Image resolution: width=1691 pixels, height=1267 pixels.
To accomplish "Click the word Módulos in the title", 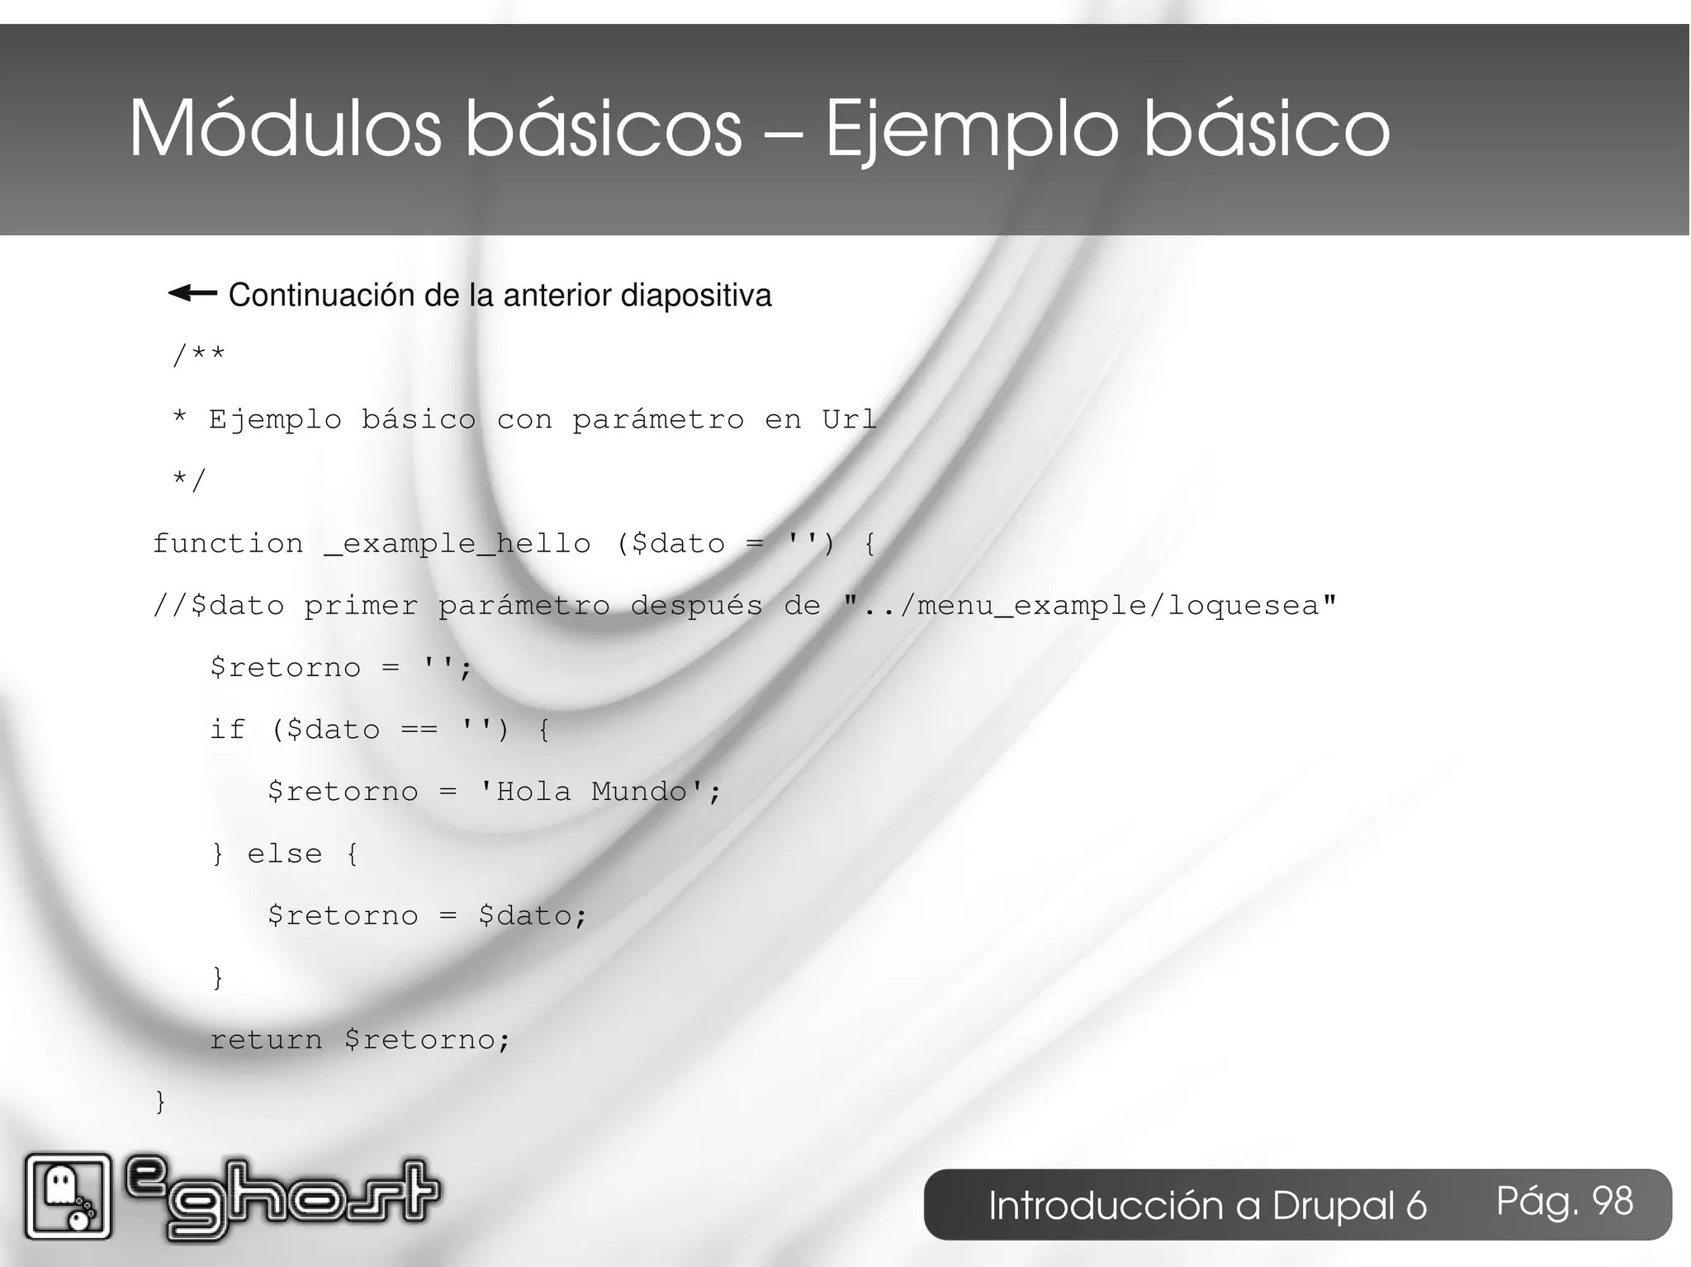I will click(285, 130).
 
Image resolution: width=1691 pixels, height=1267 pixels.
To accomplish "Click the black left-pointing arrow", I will click(192, 293).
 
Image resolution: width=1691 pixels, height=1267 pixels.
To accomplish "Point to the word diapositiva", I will click(695, 295).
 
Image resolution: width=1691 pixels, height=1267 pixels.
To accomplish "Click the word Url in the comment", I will click(849, 419).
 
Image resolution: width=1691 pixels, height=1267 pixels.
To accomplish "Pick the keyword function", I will click(228, 543).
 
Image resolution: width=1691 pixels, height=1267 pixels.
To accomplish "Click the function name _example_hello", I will click(457, 544).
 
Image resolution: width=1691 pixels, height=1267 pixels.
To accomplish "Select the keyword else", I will click(285, 853).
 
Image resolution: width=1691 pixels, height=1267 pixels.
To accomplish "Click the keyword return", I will click(266, 1039).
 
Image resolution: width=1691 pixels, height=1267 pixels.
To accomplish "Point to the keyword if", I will click(227, 730).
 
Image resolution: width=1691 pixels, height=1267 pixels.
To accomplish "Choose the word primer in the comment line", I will click(361, 606).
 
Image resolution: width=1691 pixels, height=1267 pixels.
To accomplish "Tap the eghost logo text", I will click(282, 1198).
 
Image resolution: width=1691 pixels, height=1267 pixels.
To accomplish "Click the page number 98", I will click(1613, 1201).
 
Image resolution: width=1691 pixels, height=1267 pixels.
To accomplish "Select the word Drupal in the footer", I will click(1349, 1206).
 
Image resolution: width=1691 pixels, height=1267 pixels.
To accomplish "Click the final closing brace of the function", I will click(160, 1101).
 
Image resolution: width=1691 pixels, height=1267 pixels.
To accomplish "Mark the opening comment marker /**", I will click(198, 356).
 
